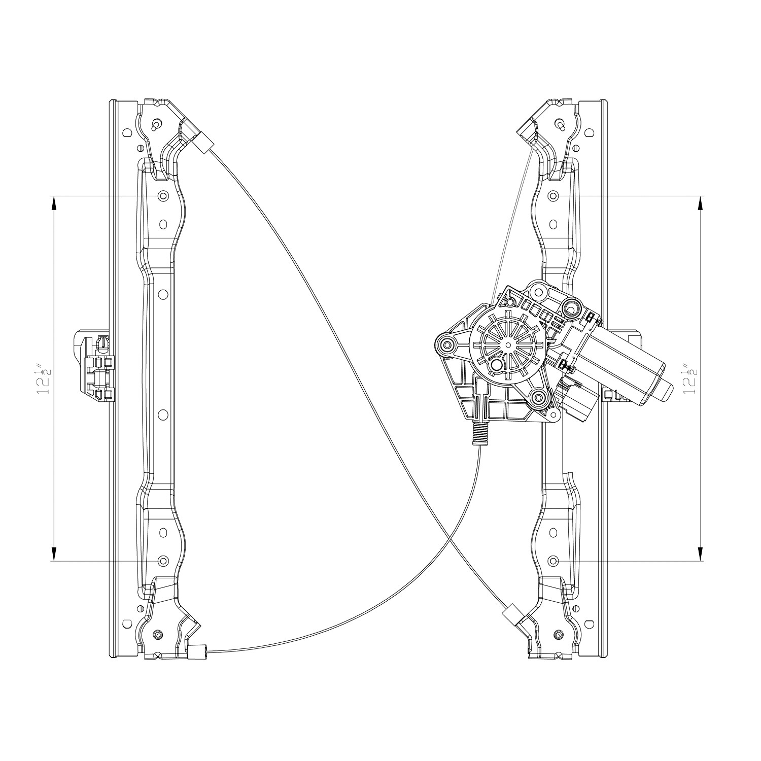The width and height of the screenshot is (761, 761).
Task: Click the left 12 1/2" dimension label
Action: (x=45, y=378)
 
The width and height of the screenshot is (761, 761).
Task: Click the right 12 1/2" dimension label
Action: (x=690, y=378)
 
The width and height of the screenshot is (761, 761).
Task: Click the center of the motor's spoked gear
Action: (x=508, y=344)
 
